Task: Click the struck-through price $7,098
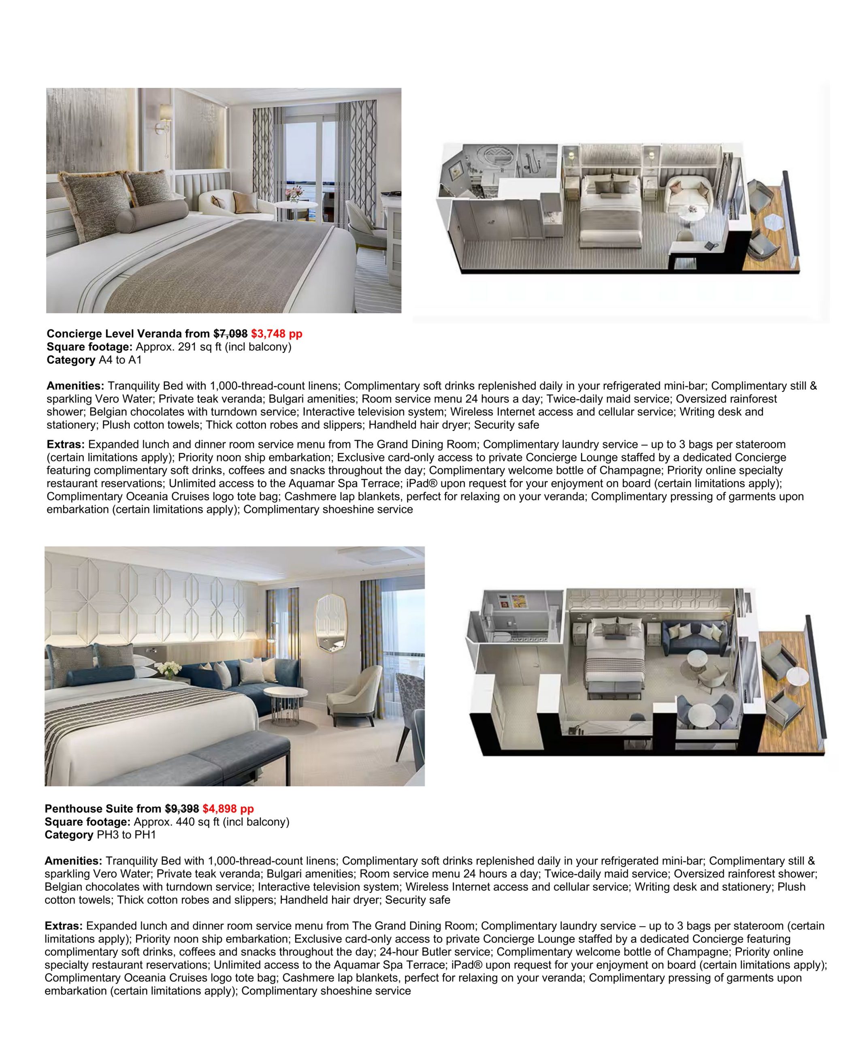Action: click(x=230, y=334)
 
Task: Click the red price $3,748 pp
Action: click(x=277, y=334)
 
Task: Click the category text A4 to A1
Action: click(x=120, y=360)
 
